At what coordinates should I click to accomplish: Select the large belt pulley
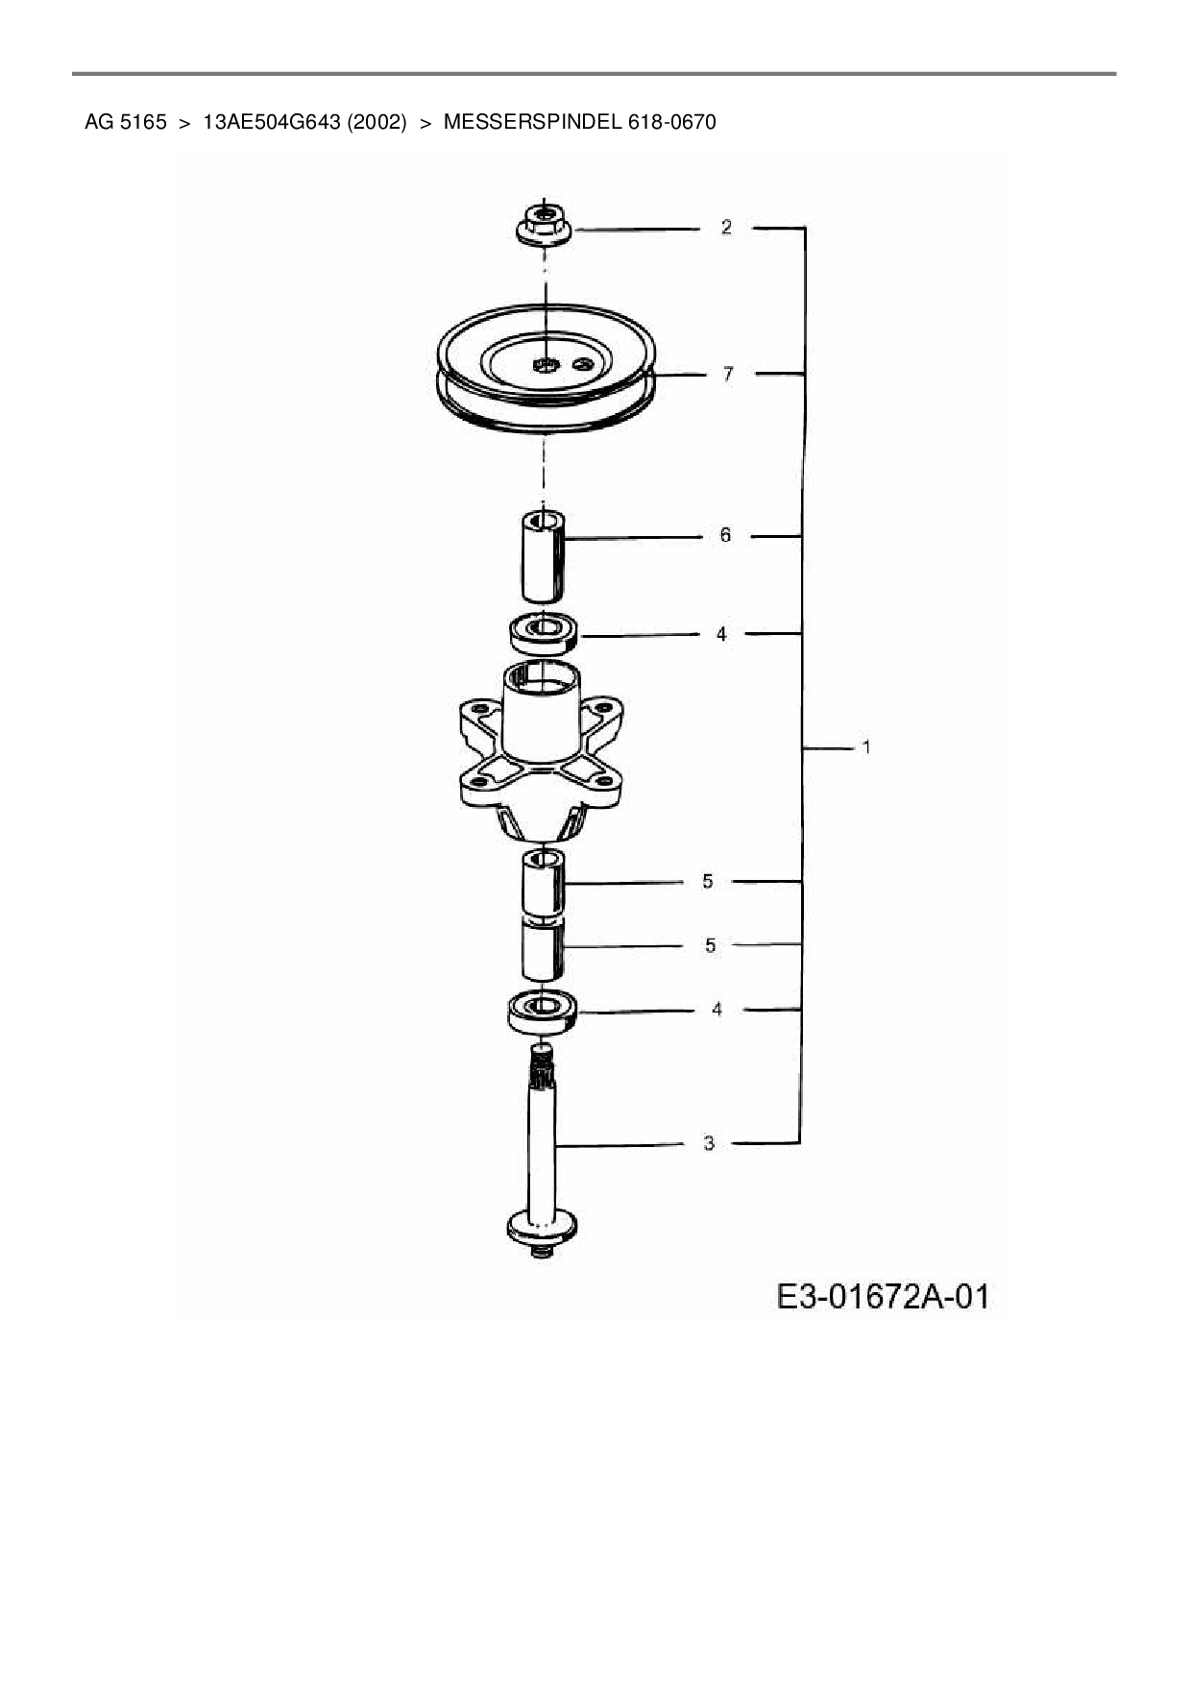pos(546,367)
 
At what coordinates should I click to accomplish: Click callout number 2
pos(726,227)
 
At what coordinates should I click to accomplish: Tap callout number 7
pos(727,374)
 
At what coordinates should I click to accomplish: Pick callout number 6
pos(725,535)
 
